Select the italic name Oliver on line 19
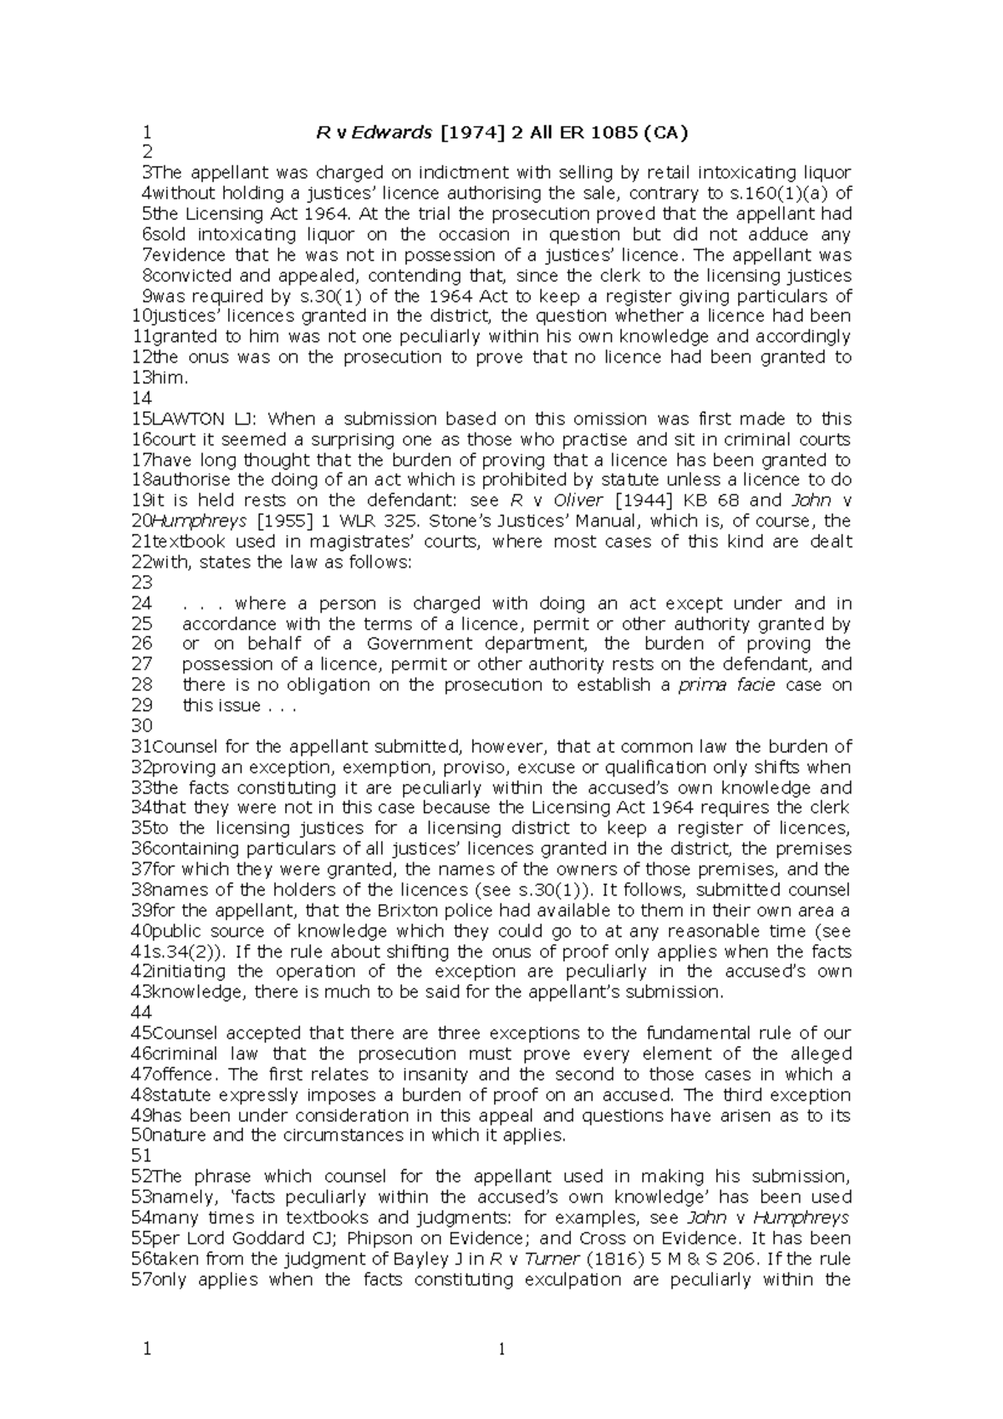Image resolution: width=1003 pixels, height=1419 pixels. [x=578, y=501]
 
